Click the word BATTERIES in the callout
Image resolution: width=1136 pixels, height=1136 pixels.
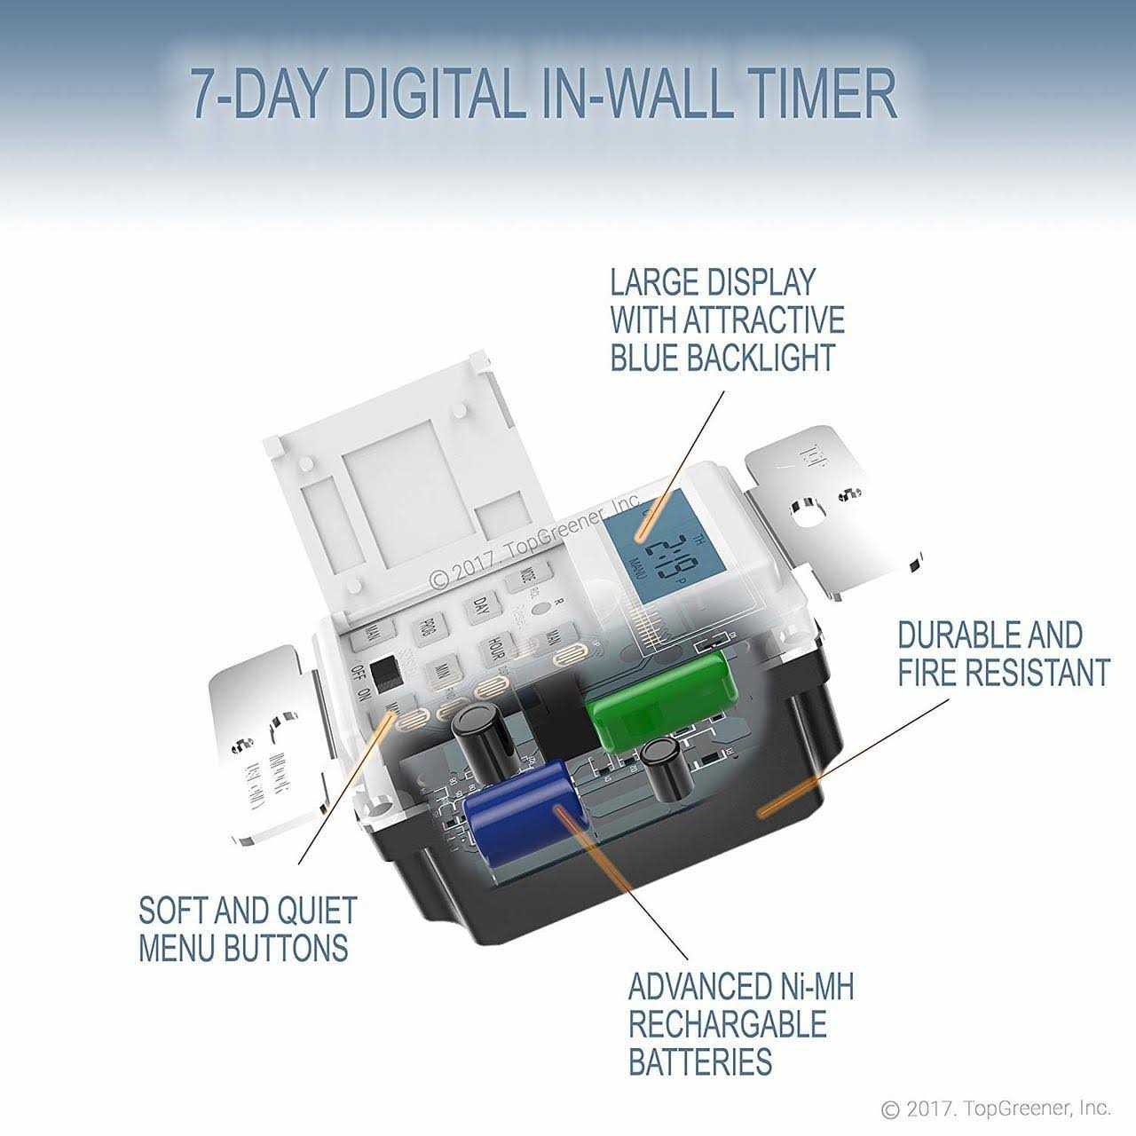(699, 1061)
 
